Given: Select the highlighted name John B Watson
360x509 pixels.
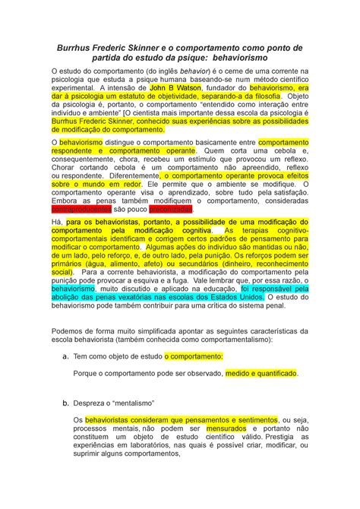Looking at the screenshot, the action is (174, 87).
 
